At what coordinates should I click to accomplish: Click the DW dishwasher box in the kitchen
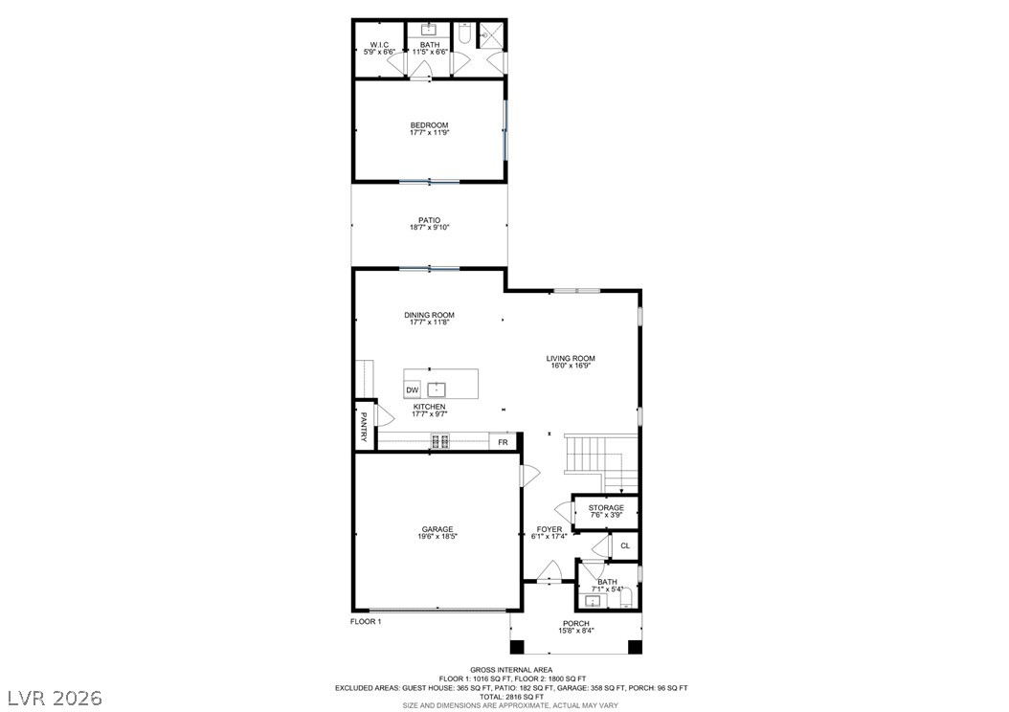pos(412,390)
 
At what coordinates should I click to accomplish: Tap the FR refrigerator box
pos(504,442)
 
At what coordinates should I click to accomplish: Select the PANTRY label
pos(364,427)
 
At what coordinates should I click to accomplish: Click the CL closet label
pos(625,546)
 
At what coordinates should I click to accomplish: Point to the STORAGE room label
pos(606,508)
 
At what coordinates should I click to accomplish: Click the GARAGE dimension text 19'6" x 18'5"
pos(437,536)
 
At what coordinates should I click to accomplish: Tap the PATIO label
pos(429,220)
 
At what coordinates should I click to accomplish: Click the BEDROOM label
pos(429,125)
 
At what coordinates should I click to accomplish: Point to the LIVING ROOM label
pos(571,359)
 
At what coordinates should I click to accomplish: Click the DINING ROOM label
pos(429,315)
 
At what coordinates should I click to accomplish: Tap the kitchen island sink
pos(437,389)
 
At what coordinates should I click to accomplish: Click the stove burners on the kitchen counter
pos(440,441)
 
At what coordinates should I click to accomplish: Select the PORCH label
pos(576,623)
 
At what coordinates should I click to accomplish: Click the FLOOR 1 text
pos(366,621)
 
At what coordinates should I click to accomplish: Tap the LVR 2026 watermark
pos(55,698)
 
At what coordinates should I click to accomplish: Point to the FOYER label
pos(549,529)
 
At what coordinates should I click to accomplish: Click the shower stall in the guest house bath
pos(493,33)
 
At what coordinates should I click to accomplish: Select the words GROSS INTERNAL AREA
pos(511,670)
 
